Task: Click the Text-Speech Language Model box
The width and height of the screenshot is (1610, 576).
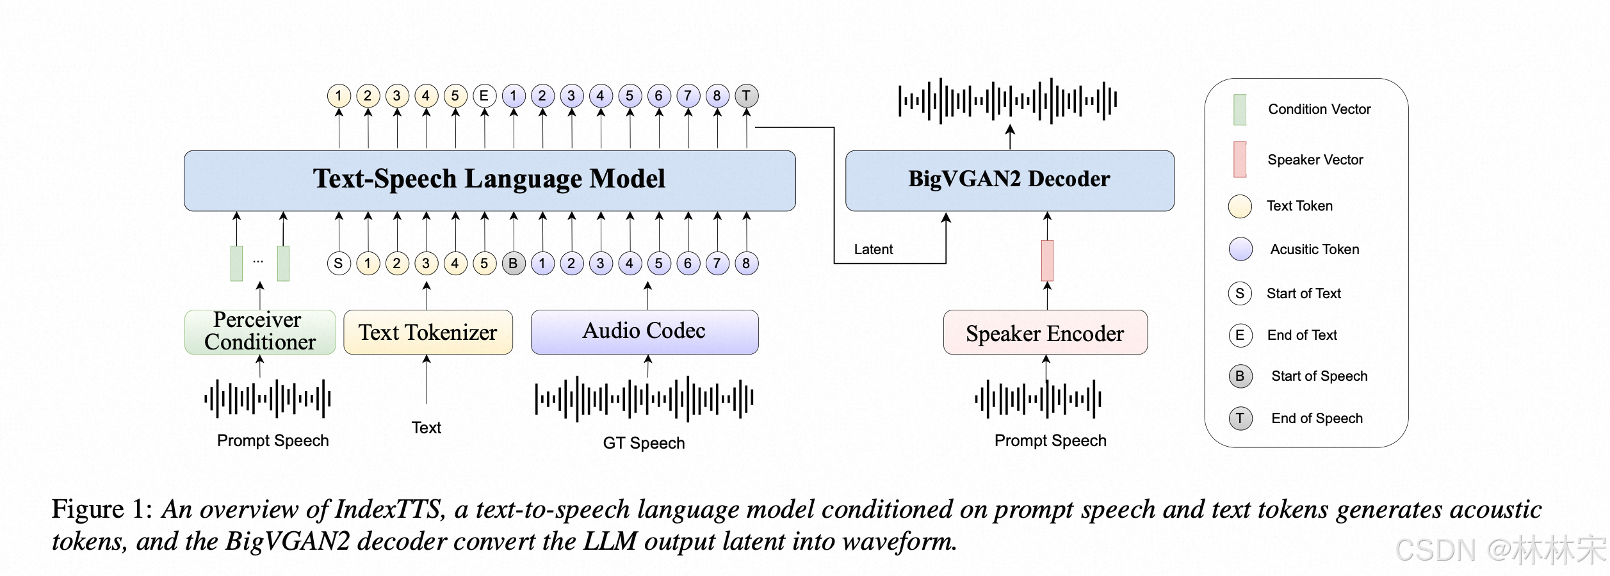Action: [489, 180]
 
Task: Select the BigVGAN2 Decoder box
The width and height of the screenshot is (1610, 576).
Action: [1009, 180]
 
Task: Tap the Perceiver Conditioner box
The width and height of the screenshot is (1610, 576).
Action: [260, 332]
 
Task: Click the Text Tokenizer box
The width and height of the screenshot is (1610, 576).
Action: [428, 332]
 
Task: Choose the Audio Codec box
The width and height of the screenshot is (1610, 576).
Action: [644, 332]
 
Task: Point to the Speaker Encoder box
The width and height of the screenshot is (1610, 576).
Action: [1045, 333]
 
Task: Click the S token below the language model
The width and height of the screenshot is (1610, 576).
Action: [339, 263]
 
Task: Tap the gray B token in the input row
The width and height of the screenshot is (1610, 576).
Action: [513, 263]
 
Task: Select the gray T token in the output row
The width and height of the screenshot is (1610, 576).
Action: [746, 96]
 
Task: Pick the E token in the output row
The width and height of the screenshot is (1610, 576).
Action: [484, 96]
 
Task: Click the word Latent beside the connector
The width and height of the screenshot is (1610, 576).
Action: [874, 250]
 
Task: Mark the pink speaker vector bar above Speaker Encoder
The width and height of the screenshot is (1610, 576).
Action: [1047, 260]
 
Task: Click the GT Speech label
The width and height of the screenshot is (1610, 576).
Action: [644, 443]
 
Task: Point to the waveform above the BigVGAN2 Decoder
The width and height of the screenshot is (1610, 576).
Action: [1008, 100]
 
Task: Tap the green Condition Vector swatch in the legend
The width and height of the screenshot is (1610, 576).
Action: [1240, 109]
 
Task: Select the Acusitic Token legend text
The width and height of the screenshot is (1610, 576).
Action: [1315, 250]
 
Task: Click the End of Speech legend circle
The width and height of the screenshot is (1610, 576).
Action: [1240, 419]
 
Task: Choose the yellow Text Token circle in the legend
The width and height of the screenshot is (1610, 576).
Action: [1240, 206]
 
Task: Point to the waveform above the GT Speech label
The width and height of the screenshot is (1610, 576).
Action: [644, 398]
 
